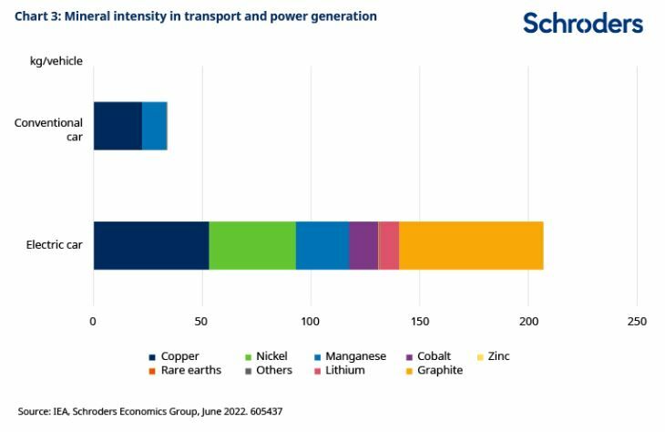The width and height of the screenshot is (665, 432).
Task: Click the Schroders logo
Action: click(582, 24)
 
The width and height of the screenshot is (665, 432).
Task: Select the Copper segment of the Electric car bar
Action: click(150, 245)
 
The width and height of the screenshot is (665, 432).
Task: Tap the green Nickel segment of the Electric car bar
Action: click(252, 245)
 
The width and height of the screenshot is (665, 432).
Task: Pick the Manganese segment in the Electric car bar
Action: click(322, 245)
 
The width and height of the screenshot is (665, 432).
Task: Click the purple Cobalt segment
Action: click(363, 245)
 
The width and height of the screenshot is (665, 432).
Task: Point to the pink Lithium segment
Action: click(389, 245)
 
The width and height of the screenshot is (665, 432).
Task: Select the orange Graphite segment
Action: click(471, 245)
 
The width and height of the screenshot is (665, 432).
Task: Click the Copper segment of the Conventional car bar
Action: click(118, 126)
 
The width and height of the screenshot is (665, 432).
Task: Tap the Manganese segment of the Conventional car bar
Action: click(155, 126)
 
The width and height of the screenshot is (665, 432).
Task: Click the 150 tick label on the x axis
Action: click(419, 321)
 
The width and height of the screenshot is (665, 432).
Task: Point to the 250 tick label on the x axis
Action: click(637, 321)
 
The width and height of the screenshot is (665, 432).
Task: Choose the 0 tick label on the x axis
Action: click(93, 321)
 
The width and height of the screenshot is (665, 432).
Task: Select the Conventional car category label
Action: click(48, 129)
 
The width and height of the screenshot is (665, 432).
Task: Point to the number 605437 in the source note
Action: click(262, 412)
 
